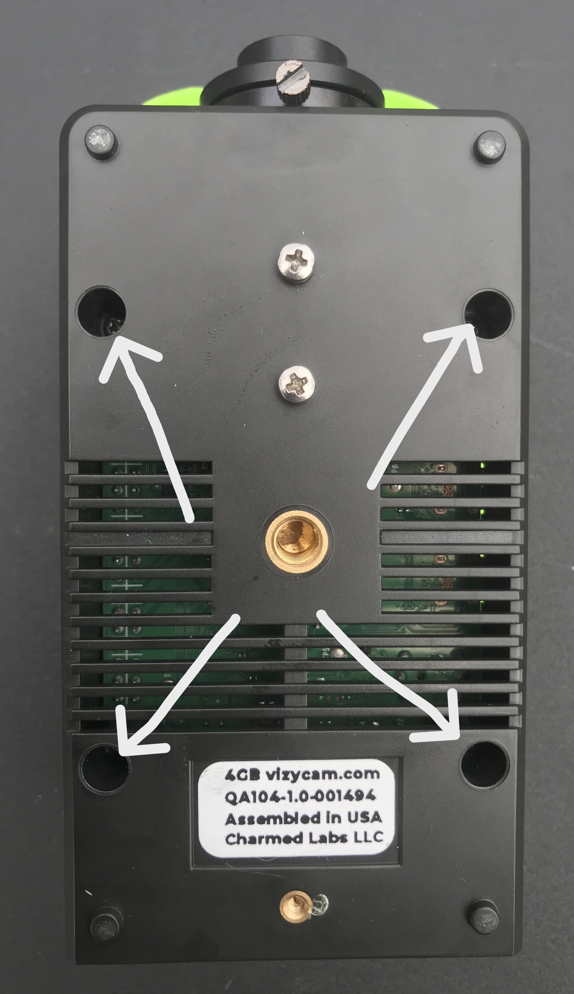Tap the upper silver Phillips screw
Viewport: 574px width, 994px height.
[x=296, y=261]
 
